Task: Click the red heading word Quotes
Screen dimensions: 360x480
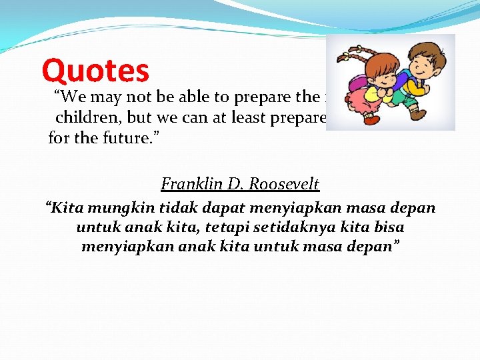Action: [95, 71]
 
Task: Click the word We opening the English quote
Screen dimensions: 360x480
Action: [69, 97]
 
